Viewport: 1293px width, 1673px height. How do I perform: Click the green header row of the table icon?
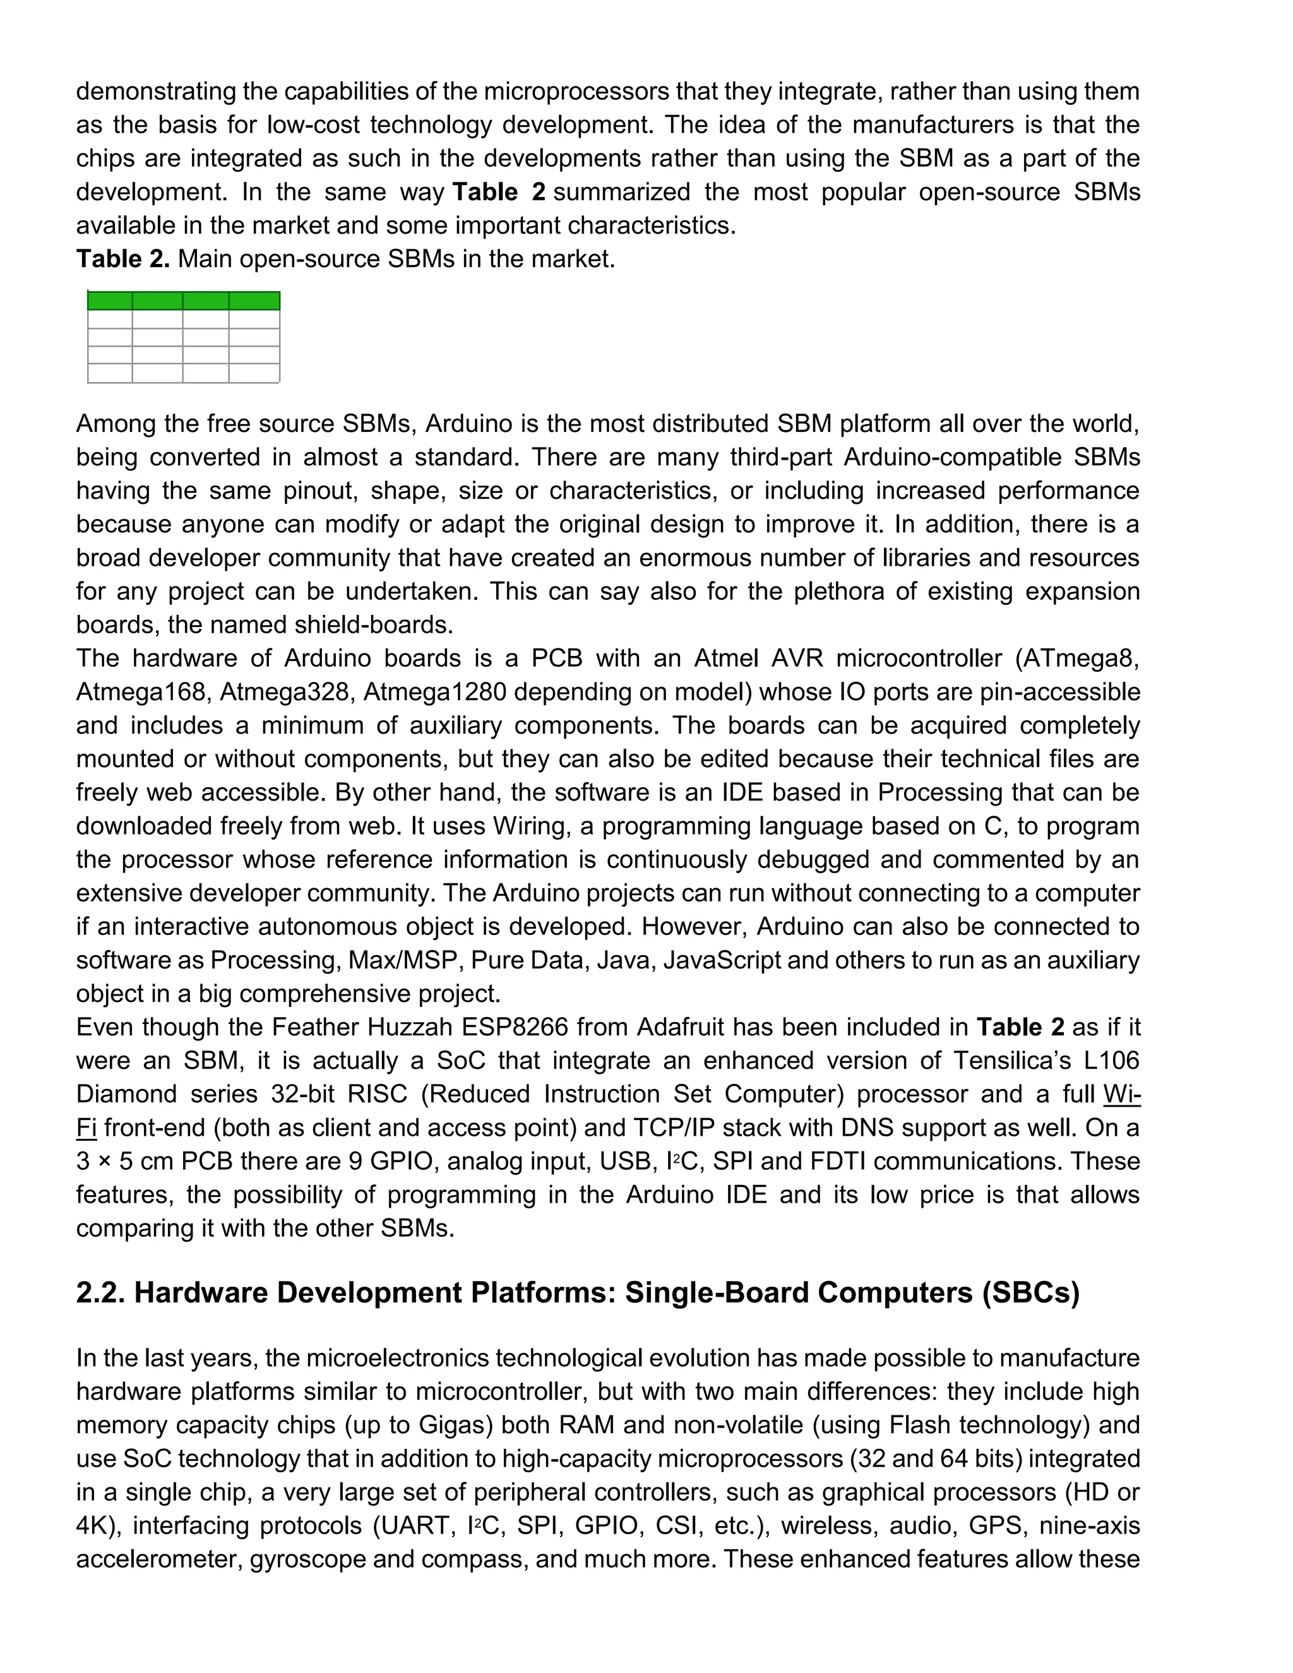click(183, 301)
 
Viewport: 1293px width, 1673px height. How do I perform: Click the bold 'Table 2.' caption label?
click(122, 259)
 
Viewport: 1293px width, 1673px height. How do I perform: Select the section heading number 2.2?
click(101, 1293)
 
